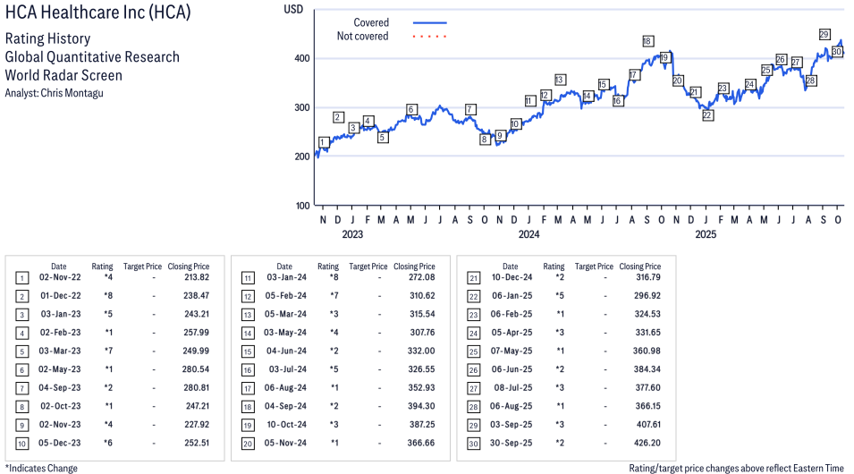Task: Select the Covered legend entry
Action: tap(371, 22)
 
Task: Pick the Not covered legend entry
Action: tap(362, 37)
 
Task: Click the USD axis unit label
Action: tap(293, 9)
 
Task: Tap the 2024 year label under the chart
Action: tap(528, 235)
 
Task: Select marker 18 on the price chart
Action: tap(647, 41)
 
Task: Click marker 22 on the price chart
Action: tap(707, 115)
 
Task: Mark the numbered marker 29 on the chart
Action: tap(824, 34)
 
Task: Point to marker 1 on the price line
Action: tap(323, 142)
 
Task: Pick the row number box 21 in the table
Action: tap(471, 278)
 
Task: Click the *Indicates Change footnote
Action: tap(42, 468)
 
